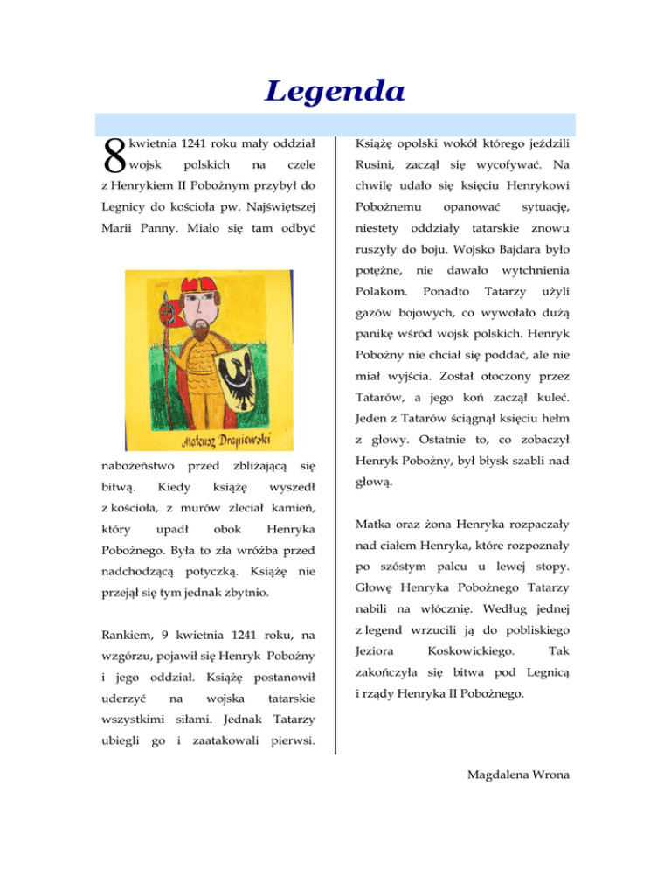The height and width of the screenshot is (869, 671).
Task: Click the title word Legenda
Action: [x=335, y=90]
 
